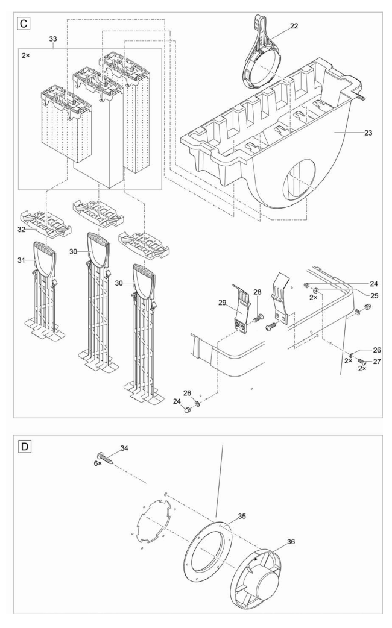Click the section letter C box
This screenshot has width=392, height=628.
coord(24,24)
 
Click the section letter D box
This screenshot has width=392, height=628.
coord(25,446)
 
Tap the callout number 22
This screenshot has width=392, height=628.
coord(294,26)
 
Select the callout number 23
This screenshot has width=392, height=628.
coord(368,133)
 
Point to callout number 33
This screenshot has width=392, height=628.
coord(53,39)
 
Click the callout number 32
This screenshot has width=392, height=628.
coord(21,230)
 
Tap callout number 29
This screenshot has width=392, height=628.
coord(223,303)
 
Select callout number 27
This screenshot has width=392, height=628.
coord(377,361)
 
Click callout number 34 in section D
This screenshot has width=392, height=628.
coord(124,448)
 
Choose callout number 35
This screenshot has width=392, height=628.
coord(242,517)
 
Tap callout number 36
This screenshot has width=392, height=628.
coord(291,541)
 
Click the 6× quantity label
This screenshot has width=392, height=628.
coord(98,463)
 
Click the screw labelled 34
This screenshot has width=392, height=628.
coord(106,457)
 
